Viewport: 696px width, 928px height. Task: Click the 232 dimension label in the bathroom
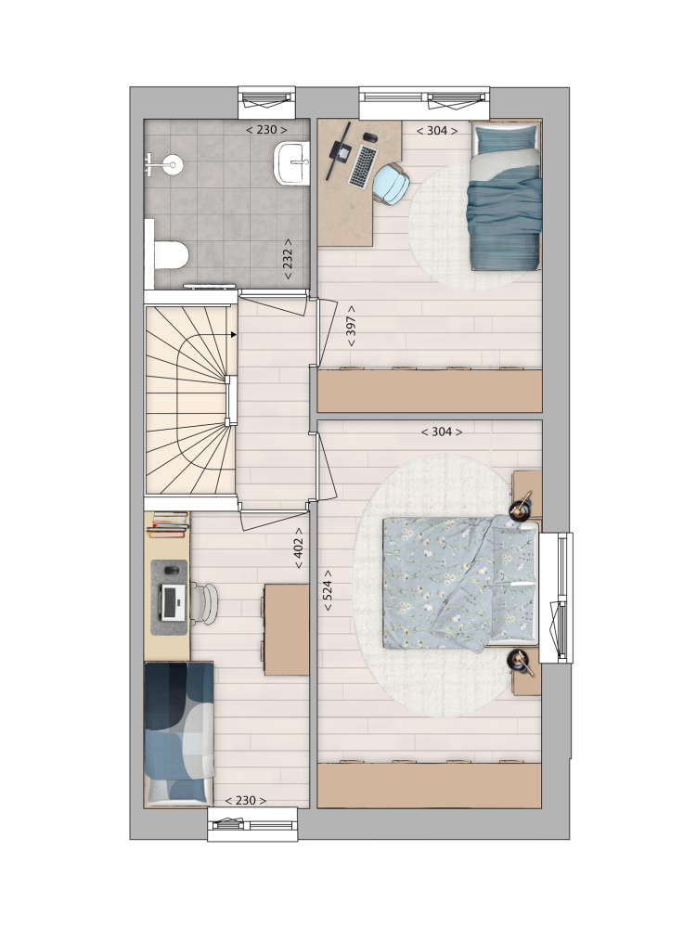pos(289,259)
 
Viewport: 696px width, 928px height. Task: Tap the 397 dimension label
pos(351,327)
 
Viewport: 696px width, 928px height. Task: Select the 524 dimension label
pos(328,590)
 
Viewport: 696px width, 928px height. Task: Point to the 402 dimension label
pos(299,548)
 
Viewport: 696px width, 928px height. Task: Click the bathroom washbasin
pos(291,162)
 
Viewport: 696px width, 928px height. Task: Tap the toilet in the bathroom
pos(171,255)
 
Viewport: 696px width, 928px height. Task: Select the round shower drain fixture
pos(173,164)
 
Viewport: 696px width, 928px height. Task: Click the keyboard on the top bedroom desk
pos(363,167)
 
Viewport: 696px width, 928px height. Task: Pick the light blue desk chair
pos(391,184)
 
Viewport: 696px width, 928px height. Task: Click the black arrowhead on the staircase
pos(234,335)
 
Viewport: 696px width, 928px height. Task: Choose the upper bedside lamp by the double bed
pos(522,506)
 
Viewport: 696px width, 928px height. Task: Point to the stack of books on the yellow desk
pos(169,524)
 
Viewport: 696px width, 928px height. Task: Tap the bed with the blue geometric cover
pos(179,733)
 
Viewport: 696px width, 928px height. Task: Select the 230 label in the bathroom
pos(267,130)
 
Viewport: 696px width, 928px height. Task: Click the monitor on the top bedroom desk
pos(339,151)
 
